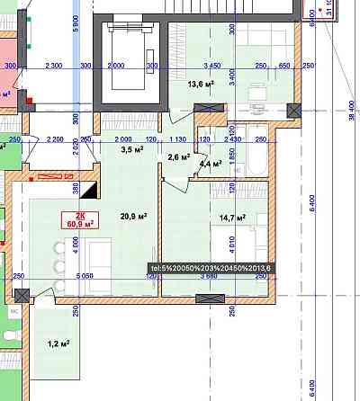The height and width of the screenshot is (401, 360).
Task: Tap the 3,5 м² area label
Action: coord(132,150)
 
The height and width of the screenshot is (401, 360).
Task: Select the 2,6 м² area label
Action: coord(178,157)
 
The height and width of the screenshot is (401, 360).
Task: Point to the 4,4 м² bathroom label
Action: coord(211,164)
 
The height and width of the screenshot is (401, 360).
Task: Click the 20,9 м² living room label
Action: coord(134,217)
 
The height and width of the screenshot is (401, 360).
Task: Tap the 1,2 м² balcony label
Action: coord(58,343)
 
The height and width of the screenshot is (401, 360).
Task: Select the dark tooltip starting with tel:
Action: coord(210,267)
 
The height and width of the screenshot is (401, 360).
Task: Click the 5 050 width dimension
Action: coord(85,277)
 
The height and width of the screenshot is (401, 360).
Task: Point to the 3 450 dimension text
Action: coord(212,66)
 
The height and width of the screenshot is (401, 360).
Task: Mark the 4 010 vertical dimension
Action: coord(231,242)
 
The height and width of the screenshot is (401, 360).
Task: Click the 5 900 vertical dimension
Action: coord(76,24)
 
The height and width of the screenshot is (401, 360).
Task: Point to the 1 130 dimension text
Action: coord(177,139)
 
